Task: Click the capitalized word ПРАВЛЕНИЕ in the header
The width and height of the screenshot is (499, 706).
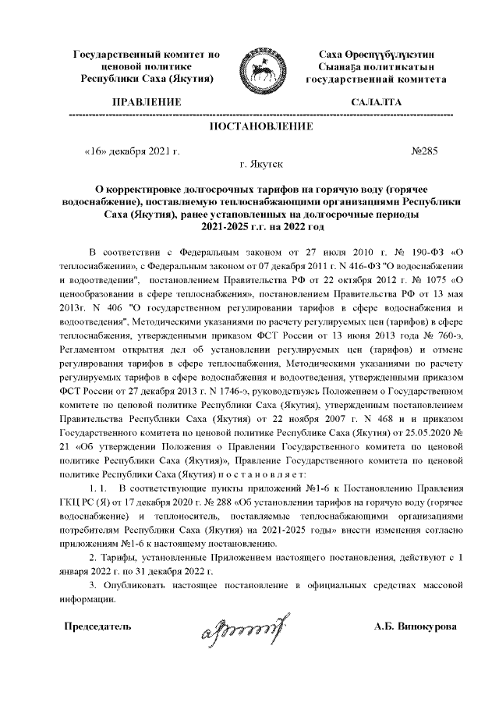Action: tap(147, 102)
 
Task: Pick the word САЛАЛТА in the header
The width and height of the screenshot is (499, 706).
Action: tap(377, 102)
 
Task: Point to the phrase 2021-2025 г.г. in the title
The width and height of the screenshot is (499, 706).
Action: tap(232, 226)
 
